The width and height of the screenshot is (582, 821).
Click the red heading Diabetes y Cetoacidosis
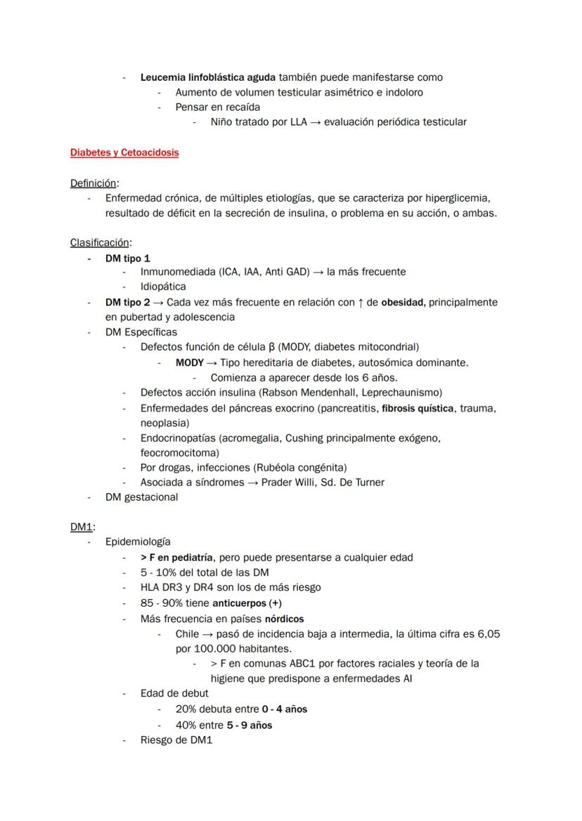(124, 152)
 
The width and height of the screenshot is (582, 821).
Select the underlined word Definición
(93, 183)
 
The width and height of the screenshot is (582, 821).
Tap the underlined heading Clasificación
(100, 243)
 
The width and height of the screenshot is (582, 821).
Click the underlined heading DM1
(82, 527)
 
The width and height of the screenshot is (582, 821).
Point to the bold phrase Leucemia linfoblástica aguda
(208, 77)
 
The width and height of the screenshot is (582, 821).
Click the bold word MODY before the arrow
(189, 363)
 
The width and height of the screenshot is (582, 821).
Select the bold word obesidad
(403, 303)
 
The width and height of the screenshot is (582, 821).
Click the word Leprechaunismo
(401, 393)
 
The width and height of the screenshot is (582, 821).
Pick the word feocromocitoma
(179, 453)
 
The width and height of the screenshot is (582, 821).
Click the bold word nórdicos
(284, 619)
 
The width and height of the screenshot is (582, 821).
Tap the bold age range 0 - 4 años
(284, 709)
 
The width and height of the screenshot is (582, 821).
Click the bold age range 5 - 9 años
(250, 725)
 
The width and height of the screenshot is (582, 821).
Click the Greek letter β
(271, 347)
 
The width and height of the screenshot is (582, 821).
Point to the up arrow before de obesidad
(360, 303)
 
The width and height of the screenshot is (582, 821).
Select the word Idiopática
(163, 287)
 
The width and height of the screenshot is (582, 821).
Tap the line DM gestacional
(141, 497)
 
